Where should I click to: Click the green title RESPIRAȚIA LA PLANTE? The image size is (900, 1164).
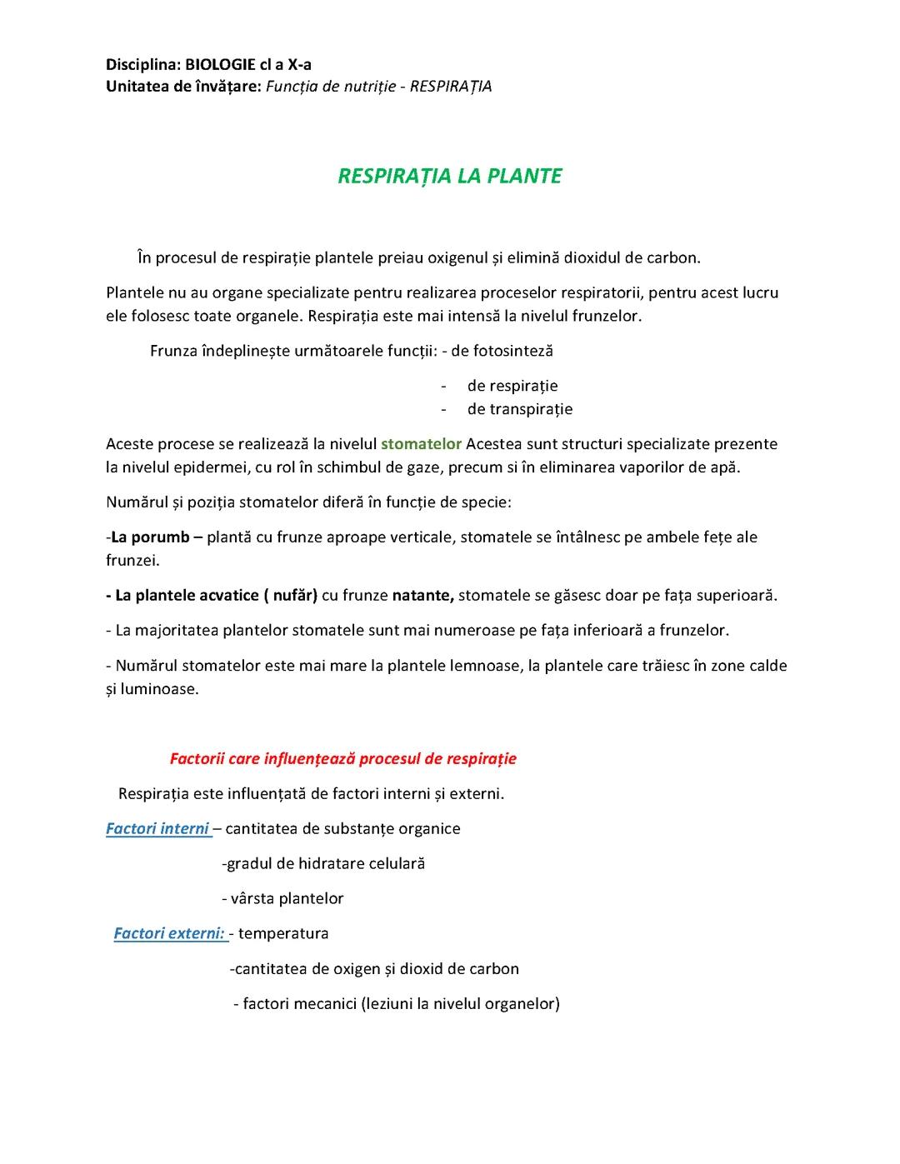tap(449, 176)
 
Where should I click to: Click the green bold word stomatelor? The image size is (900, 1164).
tap(421, 443)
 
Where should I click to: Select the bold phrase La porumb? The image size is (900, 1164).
tap(151, 537)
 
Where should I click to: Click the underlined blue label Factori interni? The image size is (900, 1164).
tap(157, 828)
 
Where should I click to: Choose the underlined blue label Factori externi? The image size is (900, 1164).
tap(170, 933)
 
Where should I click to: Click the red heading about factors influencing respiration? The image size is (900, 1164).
tap(342, 758)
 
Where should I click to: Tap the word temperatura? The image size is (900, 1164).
tap(283, 933)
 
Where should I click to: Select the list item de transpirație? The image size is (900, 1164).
tap(520, 408)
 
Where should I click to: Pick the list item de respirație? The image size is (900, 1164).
tap(512, 386)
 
